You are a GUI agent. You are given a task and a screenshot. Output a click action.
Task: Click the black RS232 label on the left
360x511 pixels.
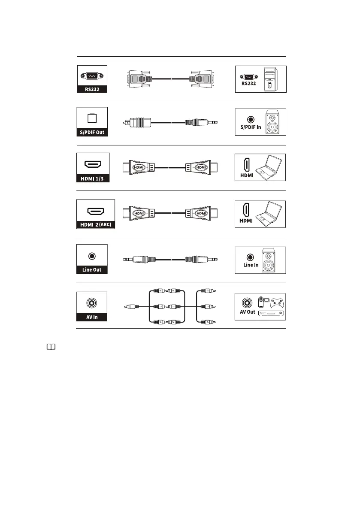point(91,89)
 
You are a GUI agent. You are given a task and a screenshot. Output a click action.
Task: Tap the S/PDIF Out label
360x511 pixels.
point(91,132)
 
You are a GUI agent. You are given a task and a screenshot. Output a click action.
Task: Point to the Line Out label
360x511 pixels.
point(91,270)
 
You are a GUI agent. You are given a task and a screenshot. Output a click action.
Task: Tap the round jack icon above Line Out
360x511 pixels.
point(91,256)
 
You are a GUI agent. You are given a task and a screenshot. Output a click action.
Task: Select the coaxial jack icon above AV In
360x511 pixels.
point(91,303)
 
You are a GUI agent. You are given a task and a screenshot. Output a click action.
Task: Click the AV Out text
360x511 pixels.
point(248,312)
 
